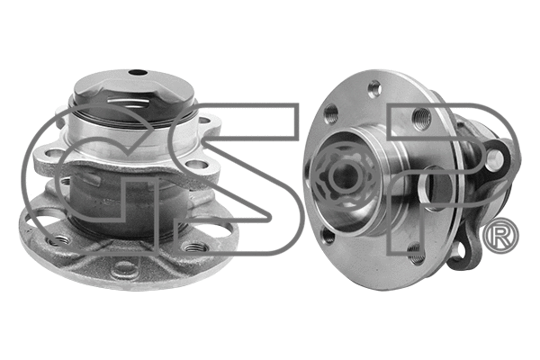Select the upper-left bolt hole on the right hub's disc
click(331, 115)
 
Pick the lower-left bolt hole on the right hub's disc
click(328, 235)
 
